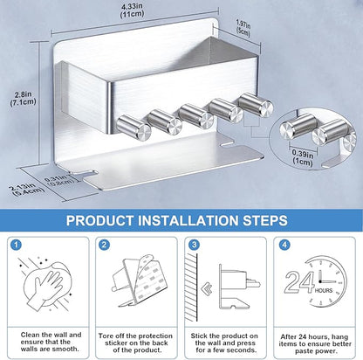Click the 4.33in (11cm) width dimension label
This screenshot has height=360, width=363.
(133, 10)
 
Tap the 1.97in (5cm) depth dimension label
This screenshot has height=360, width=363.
(243, 27)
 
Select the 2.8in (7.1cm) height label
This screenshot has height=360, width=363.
(24, 98)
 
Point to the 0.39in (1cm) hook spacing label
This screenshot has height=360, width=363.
(303, 157)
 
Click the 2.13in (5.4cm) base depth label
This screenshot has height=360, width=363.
(27, 190)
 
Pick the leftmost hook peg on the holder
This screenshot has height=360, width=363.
(134, 127)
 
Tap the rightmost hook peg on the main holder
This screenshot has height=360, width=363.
(256, 105)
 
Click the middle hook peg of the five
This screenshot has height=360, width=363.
(196, 116)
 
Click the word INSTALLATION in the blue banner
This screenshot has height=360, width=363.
(188, 220)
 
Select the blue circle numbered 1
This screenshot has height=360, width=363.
(16, 245)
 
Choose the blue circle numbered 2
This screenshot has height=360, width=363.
(105, 245)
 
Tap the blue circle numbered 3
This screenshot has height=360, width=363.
(194, 245)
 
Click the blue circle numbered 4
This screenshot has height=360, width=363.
(284, 245)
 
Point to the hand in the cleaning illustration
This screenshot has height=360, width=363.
(48, 288)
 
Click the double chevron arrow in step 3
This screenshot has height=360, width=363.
(207, 288)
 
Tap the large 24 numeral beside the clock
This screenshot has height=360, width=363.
(299, 282)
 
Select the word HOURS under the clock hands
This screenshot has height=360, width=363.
(324, 291)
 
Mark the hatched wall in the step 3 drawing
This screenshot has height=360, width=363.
(191, 287)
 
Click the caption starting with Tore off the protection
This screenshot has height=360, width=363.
(135, 343)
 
